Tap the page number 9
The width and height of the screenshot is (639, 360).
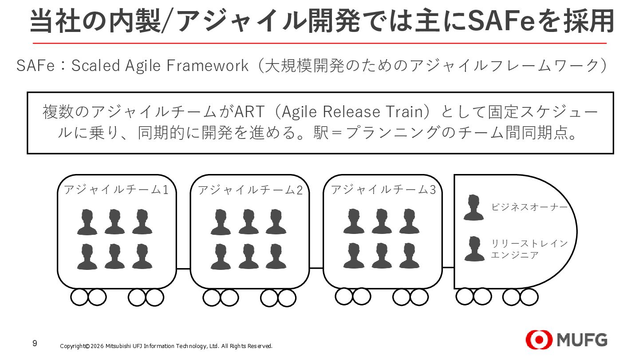(35, 344)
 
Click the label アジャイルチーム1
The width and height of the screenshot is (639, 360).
(116, 190)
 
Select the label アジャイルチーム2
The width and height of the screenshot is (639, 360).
(250, 190)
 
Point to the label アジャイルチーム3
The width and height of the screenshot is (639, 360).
(383, 190)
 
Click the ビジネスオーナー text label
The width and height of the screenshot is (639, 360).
(529, 207)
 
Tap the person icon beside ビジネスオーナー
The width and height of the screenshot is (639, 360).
(473, 207)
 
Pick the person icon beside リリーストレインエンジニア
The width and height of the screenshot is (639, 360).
(473, 249)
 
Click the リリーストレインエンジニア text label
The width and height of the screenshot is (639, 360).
(529, 249)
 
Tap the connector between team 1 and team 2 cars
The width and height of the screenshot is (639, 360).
(183, 269)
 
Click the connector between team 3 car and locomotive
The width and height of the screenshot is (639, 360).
(448, 268)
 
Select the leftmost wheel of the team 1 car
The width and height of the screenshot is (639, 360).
(79, 297)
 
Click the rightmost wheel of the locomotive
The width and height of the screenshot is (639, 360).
(529, 297)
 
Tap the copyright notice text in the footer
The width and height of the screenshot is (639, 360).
(166, 346)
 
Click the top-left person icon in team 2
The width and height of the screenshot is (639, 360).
(220, 222)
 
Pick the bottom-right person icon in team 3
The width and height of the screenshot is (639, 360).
(409, 256)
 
